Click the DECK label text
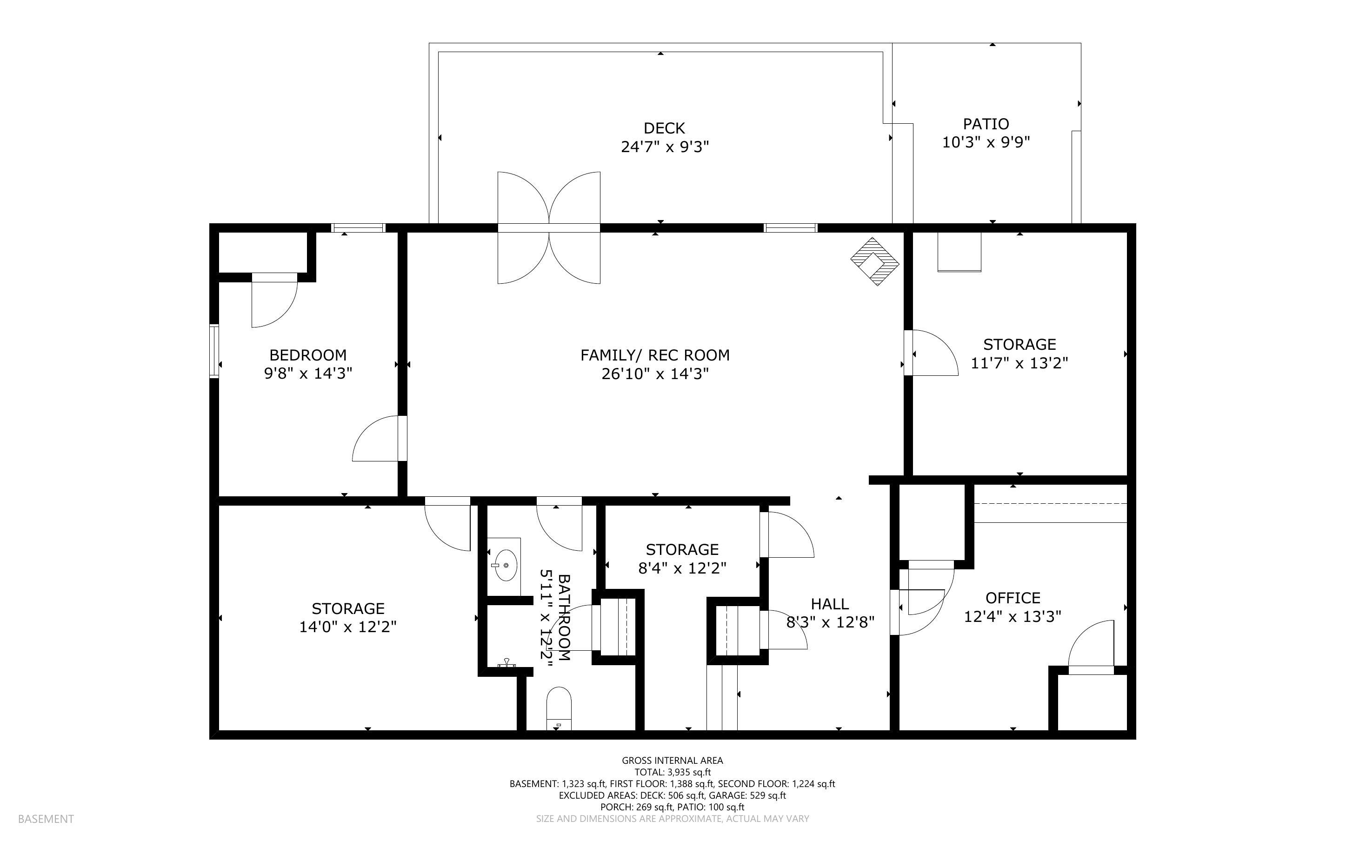[664, 128]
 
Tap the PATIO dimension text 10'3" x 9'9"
[986, 142]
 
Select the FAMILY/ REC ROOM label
[655, 355]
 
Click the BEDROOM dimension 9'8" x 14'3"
[308, 373]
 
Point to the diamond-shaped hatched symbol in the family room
[874, 261]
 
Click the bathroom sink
[506, 565]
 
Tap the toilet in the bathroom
[559, 708]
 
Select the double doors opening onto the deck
[549, 227]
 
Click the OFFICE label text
[1013, 598]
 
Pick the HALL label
[829, 604]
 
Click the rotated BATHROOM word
[564, 617]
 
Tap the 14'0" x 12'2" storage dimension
[347, 627]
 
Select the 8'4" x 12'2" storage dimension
[682, 568]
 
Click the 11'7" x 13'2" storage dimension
[1019, 363]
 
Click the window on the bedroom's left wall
[214, 352]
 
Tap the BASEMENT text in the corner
[46, 819]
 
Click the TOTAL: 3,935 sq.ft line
[672, 772]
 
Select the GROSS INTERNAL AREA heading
[672, 761]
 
